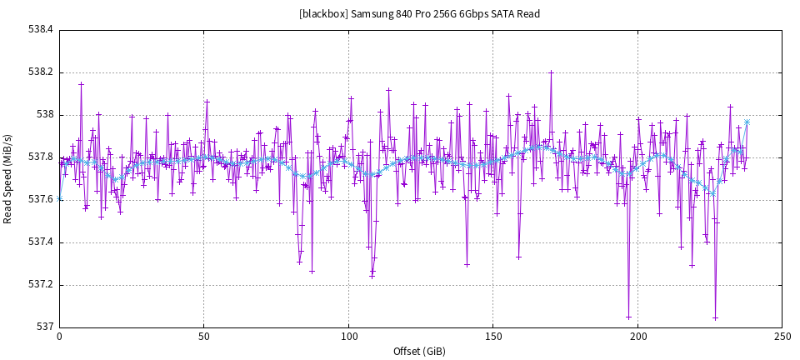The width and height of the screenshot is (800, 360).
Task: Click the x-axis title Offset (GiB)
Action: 419,352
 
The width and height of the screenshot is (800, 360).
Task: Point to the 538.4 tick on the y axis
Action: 40,29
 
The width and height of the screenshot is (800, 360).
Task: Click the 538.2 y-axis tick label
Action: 40,72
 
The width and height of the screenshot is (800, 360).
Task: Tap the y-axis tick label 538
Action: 43,114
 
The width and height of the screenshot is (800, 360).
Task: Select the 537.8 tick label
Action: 40,157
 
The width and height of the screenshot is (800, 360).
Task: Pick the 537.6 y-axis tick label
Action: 40,199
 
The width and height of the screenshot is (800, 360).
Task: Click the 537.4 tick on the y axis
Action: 40,242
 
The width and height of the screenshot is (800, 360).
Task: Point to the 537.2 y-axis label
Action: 40,284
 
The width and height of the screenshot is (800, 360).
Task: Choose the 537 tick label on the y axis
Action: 43,327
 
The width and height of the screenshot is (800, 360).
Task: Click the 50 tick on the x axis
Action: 203,337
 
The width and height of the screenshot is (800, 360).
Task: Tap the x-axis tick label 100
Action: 348,337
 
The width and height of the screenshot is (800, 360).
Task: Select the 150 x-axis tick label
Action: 493,337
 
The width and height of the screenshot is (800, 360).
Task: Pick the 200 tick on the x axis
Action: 638,337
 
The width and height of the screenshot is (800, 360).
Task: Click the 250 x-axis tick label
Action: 782,337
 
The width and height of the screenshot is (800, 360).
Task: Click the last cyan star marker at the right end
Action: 747,122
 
